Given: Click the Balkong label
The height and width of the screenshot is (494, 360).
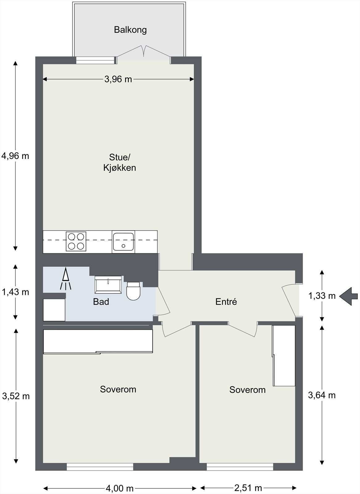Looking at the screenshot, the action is coord(130,30).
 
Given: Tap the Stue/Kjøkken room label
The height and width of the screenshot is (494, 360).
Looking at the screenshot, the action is coord(120,162).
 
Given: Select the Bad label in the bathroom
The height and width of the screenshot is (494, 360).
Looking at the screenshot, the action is coord(101,302).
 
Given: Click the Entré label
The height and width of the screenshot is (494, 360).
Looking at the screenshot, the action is coord(226,301).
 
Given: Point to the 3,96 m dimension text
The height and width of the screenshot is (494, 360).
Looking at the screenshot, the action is coord(118,79).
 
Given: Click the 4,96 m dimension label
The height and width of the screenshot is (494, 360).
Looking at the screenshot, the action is coord(15,156).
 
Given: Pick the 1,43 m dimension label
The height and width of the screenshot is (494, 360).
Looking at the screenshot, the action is coord(15,292).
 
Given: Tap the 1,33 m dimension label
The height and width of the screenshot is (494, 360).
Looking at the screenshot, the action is coord(322,296).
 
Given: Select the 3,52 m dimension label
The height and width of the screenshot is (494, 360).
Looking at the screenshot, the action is coord(16,396).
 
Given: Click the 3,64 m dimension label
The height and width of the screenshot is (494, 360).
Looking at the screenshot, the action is coord(322,395).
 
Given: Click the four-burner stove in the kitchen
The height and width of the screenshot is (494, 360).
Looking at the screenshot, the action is coord(76,241).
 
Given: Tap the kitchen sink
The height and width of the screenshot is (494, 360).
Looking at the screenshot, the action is coord(123,242).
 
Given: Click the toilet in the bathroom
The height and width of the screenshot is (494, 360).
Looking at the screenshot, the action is coord(133,291).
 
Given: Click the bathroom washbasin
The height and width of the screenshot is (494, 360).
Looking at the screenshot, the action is coord(108,285).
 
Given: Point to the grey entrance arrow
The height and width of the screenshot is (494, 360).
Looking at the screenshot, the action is coord(349,297).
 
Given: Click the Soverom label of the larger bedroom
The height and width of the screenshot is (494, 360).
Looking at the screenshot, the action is coord(118,389).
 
